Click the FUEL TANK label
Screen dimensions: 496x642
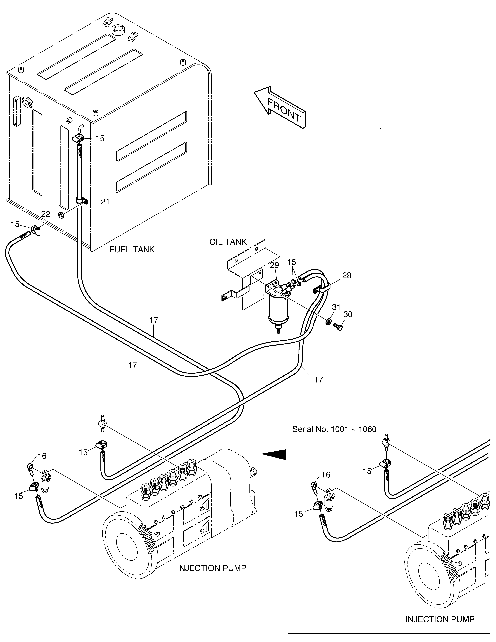(132, 250)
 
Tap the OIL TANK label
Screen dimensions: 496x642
(228, 242)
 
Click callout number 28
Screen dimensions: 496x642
(347, 275)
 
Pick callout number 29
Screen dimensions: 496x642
(275, 265)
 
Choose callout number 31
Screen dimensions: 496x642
(336, 307)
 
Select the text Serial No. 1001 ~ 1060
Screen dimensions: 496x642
(334, 429)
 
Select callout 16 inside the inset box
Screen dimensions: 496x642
(326, 475)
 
